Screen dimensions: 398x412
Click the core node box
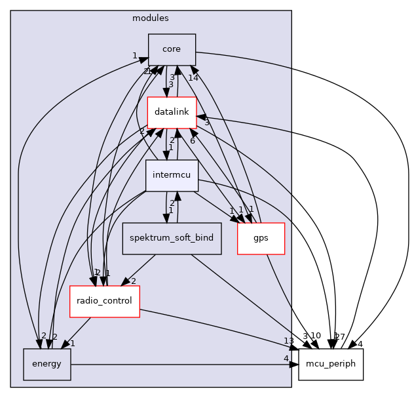pyautogui.click(x=172, y=49)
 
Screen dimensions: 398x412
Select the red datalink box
pyautogui.click(x=172, y=112)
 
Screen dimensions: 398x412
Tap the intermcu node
pyautogui.click(x=172, y=175)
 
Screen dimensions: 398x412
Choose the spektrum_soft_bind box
pyautogui.click(x=172, y=237)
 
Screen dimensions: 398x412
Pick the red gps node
pyautogui.click(x=261, y=238)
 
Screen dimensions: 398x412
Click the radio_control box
pyautogui.click(x=104, y=301)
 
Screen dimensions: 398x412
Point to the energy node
pyautogui.click(x=47, y=364)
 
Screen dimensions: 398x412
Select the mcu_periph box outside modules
pyautogui.click(x=331, y=364)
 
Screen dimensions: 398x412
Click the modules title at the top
pyautogui.click(x=151, y=18)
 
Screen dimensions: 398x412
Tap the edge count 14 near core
pyautogui.click(x=193, y=78)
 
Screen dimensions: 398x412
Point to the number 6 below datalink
pyautogui.click(x=193, y=140)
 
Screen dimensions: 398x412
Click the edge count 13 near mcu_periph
pyautogui.click(x=289, y=340)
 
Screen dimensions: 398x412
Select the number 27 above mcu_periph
pyautogui.click(x=339, y=336)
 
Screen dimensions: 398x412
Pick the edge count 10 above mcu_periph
pyautogui.click(x=316, y=336)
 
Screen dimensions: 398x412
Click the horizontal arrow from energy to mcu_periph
pyautogui.click(x=183, y=364)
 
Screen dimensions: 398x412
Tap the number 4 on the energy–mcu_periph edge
pyautogui.click(x=286, y=358)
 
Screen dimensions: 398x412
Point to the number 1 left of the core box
pyautogui.click(x=134, y=56)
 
